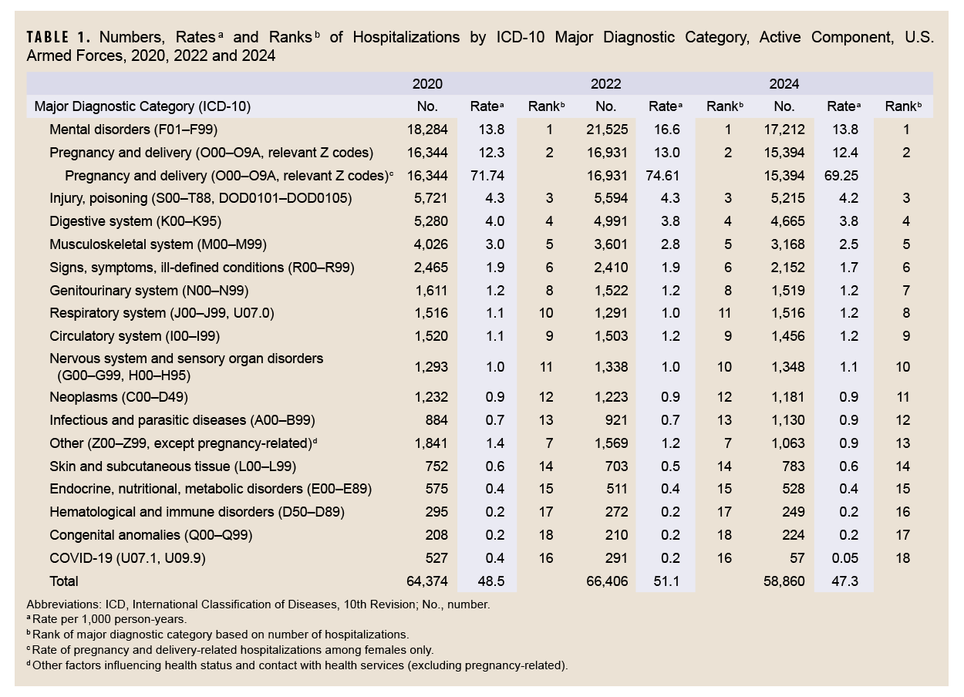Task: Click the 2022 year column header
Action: click(605, 84)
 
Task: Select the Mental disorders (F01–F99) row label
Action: click(128, 130)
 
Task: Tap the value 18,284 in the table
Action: click(427, 130)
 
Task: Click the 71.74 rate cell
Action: click(487, 176)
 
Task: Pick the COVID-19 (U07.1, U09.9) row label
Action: click(128, 557)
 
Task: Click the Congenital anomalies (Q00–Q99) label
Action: click(151, 534)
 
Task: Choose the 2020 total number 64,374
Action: click(427, 581)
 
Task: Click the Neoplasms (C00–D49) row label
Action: click(119, 397)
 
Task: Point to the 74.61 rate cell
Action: click(666, 176)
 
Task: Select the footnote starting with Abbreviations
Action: click(258, 605)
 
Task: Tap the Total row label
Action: click(64, 581)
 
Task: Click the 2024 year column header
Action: click(784, 84)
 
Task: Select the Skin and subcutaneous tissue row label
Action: click(173, 466)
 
